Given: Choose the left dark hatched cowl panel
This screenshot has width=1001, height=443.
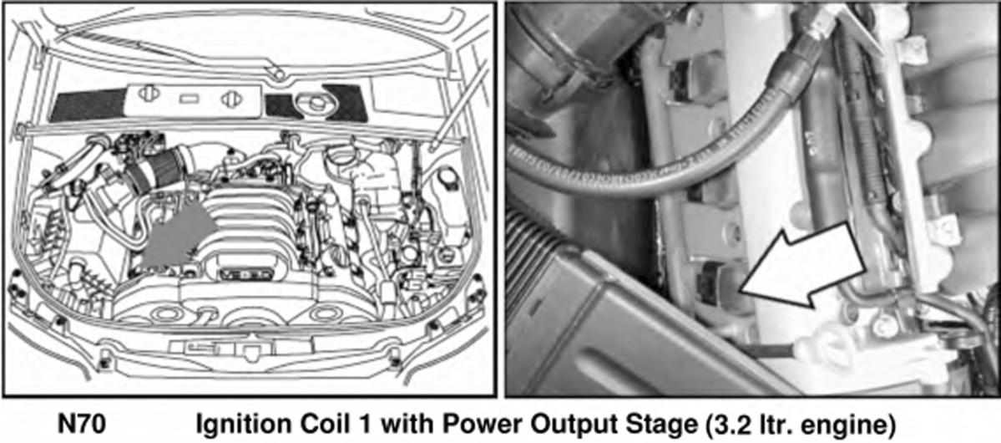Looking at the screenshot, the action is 89,105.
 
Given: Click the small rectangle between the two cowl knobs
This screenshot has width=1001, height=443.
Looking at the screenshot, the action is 189,99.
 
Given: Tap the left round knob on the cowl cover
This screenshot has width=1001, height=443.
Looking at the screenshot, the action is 148,94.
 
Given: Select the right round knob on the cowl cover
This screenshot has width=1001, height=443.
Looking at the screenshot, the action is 230,99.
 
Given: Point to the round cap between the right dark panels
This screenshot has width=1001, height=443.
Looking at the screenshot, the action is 315,104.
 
